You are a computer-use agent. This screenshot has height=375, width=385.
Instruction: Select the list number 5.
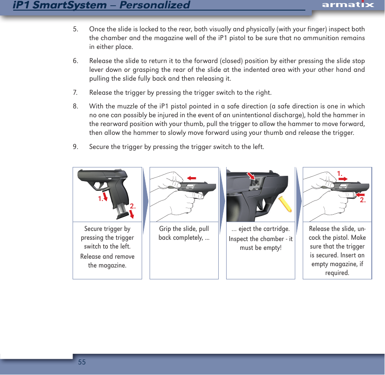pos(76,30)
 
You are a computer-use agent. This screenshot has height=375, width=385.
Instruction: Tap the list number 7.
pos(76,93)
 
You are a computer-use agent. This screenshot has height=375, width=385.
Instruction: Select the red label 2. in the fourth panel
pos(363,200)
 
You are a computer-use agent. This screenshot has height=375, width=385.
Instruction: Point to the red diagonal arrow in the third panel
pos(252,176)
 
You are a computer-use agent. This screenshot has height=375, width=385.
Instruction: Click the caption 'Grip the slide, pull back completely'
pos(184,234)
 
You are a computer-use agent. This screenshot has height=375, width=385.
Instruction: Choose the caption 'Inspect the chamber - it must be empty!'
pos(260,243)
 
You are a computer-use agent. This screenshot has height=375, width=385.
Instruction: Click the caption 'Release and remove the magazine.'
pos(107,261)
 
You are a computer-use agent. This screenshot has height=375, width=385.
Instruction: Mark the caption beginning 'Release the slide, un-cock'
pos(337,251)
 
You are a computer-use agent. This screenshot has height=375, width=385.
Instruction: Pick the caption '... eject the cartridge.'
pos(260,229)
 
